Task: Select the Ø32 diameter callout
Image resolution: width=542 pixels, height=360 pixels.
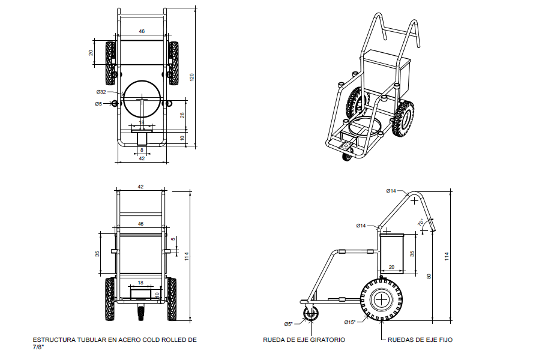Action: click(101, 92)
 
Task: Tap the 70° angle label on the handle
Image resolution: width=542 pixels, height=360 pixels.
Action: click(421, 223)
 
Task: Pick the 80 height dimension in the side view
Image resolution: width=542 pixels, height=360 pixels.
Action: click(429, 276)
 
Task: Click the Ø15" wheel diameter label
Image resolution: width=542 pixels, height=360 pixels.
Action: click(349, 322)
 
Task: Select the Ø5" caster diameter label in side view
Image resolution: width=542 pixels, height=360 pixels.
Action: click(289, 324)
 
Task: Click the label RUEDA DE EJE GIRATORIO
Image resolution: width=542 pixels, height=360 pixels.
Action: click(304, 340)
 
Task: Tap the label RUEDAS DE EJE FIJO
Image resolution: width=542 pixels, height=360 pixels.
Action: click(420, 340)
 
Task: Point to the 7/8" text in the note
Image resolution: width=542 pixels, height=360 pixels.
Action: click(38, 347)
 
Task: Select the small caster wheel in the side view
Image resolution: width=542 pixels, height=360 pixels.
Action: click(311, 314)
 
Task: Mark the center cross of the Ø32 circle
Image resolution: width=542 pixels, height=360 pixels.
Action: click(142, 97)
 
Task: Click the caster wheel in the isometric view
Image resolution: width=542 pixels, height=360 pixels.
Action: click(348, 157)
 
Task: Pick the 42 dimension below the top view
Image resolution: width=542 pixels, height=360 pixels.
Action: click(142, 159)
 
